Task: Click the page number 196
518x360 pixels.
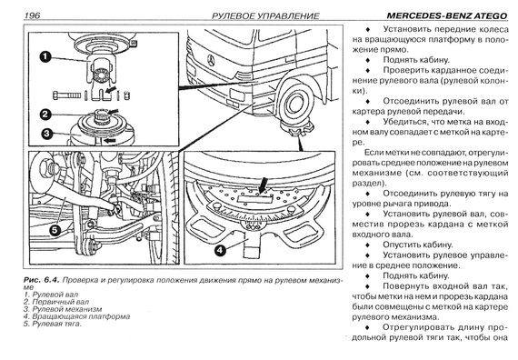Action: click(32, 15)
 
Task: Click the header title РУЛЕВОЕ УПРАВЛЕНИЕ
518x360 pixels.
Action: click(265, 15)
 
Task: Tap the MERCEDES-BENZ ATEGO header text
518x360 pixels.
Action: click(446, 15)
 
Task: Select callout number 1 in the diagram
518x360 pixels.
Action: click(45, 57)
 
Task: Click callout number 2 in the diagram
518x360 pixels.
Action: click(45, 115)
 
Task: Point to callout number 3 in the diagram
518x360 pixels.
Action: click(46, 134)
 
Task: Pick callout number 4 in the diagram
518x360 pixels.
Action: click(220, 250)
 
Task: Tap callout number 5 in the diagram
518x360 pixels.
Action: click(55, 230)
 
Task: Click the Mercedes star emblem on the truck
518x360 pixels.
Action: click(211, 61)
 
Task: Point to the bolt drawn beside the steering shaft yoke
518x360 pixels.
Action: click(66, 95)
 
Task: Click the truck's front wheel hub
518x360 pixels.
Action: click(294, 104)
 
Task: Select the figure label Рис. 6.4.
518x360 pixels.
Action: click(41, 280)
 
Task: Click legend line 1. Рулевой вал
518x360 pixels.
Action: click(51, 295)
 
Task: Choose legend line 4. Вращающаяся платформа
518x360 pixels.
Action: click(76, 316)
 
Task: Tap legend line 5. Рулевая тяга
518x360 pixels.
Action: click(52, 324)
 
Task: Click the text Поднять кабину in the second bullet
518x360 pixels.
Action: click(416, 60)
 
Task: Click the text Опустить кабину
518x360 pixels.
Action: click(417, 245)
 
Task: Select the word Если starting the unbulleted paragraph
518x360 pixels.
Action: click(374, 153)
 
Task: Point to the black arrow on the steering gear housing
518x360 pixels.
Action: click(110, 141)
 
